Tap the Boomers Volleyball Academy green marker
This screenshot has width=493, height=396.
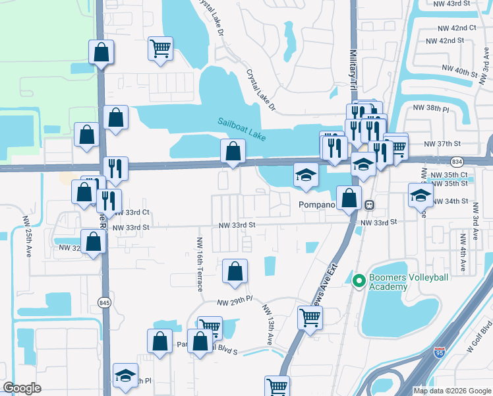tap(359, 281)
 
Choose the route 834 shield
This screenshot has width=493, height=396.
tap(456, 162)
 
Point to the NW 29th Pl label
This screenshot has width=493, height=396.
tap(235, 302)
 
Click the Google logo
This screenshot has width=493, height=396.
tap(22, 388)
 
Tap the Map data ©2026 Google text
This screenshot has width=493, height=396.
tap(452, 391)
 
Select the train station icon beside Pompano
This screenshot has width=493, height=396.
tap(370, 205)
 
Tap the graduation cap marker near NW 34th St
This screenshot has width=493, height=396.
tap(420, 195)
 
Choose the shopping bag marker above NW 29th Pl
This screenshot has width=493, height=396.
tap(235, 271)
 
